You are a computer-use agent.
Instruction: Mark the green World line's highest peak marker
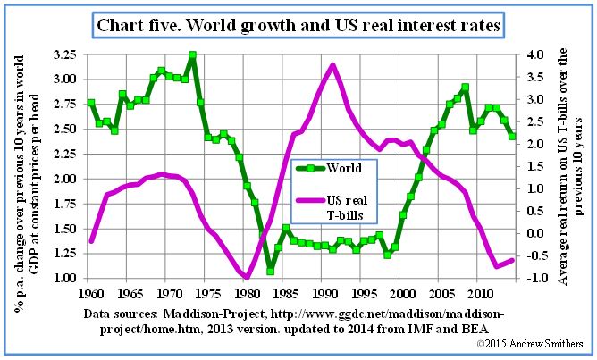click(192, 55)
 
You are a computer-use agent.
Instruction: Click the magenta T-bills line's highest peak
click(332, 64)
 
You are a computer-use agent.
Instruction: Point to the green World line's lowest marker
click(270, 271)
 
